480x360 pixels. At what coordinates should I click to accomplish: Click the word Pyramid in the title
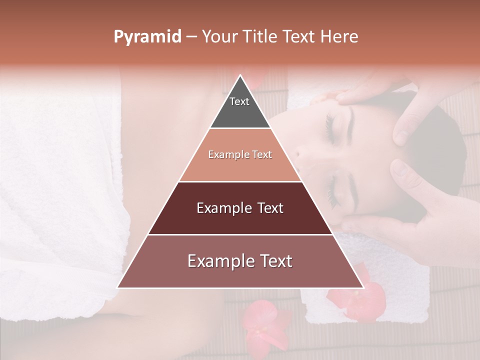pos(147,37)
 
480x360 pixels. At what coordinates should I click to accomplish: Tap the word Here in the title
pos(340,37)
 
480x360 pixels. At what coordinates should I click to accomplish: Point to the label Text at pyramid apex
pos(239,101)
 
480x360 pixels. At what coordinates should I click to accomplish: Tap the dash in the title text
pos(191,37)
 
